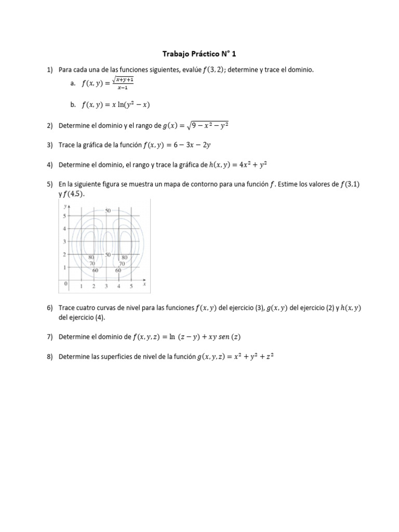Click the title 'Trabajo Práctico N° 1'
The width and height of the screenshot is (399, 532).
coord(199,53)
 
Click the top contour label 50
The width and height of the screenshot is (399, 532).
coord(108,210)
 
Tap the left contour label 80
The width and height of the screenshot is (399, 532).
coord(91,257)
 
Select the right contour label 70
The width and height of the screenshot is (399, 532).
coord(123,263)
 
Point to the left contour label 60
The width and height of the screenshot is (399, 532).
coord(95,270)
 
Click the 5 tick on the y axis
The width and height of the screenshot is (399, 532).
coord(64,216)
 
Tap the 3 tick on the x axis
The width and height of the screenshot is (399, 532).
coord(107,286)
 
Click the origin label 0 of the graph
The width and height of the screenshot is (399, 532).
coord(65,284)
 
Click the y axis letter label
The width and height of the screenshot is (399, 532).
coord(64,206)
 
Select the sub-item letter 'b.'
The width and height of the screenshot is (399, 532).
coord(73,104)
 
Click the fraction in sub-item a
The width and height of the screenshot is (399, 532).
coord(125,83)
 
